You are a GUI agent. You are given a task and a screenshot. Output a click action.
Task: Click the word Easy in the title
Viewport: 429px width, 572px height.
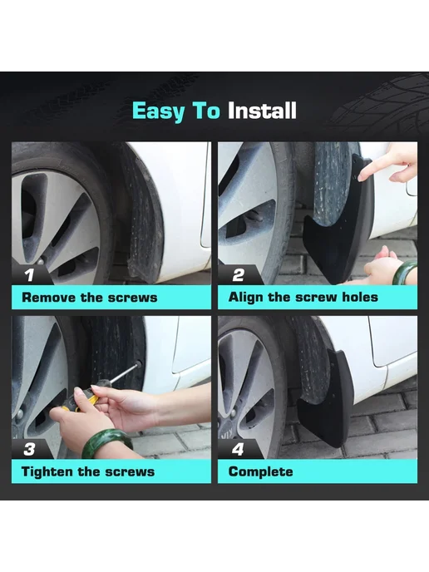click(159, 111)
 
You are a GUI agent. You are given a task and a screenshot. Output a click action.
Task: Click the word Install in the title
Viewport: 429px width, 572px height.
click(262, 111)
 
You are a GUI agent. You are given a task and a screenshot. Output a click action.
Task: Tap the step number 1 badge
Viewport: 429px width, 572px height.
click(29, 274)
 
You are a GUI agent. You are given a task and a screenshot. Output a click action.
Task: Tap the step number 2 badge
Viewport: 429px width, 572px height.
click(238, 274)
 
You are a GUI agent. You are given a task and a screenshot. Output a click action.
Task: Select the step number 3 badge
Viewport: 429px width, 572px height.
click(29, 449)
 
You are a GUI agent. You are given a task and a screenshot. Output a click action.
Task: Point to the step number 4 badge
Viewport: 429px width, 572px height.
click(238, 449)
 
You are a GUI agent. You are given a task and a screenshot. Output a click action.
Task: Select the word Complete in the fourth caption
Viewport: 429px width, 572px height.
click(260, 471)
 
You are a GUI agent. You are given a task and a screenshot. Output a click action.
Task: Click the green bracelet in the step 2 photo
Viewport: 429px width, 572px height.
click(407, 273)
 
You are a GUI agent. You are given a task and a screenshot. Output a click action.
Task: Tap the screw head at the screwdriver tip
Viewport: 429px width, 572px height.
click(138, 363)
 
